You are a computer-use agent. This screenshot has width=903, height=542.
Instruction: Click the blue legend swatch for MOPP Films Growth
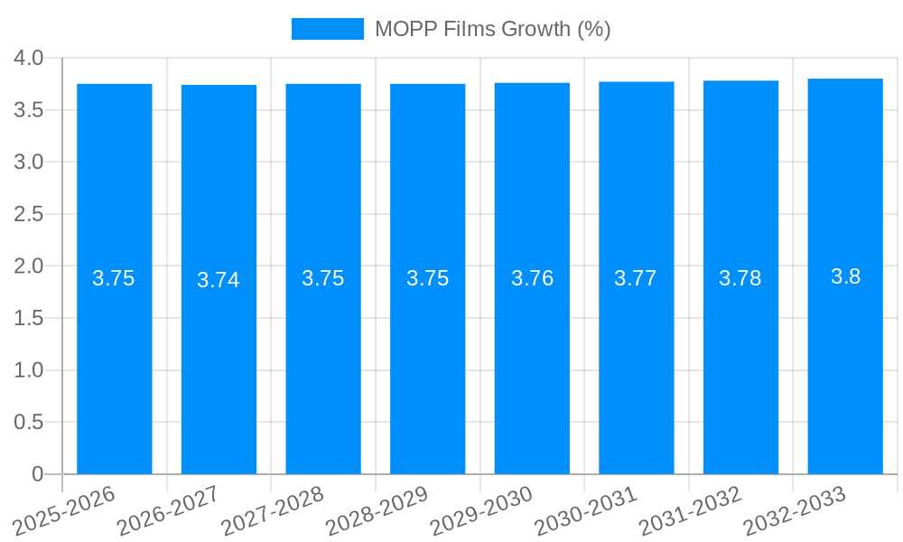point(327,29)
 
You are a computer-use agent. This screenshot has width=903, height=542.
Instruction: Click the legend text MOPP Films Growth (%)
point(493,29)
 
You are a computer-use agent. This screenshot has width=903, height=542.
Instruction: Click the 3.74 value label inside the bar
point(219,280)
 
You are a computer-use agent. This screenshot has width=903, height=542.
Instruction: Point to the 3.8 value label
point(845,276)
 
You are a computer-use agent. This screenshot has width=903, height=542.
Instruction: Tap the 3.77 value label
point(636,278)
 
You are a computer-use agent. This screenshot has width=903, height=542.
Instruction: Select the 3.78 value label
point(740,278)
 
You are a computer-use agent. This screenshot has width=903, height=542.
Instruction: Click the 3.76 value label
point(532,278)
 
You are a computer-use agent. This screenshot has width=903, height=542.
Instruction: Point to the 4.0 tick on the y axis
point(29,58)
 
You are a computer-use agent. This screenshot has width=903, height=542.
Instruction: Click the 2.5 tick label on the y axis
point(29,214)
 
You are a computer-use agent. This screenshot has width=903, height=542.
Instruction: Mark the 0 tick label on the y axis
point(37,474)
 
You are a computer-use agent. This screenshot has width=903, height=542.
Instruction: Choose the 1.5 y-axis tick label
point(29,318)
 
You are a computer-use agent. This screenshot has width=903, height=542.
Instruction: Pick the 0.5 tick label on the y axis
point(29,422)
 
